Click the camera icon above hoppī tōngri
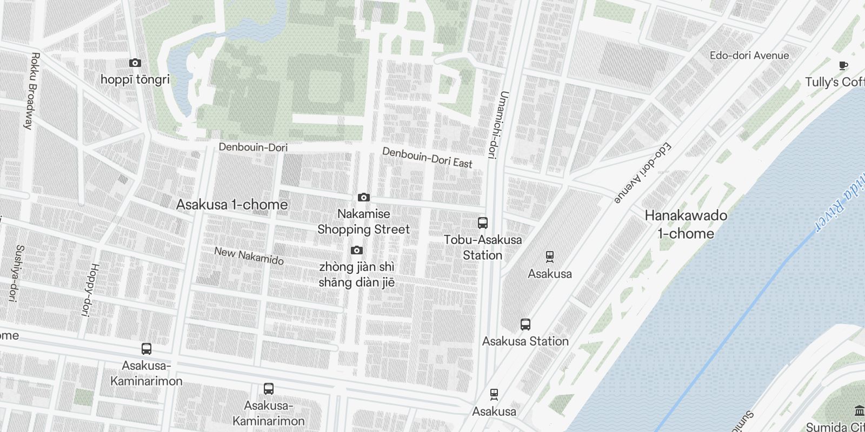click(135, 63)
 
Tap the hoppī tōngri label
click(135, 79)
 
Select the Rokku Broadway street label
click(31, 90)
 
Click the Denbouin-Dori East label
click(427, 157)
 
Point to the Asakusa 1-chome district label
click(232, 205)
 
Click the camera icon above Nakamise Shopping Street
click(364, 198)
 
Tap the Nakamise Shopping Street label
click(363, 221)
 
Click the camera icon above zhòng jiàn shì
click(356, 251)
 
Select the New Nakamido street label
click(249, 255)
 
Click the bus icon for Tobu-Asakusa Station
click(483, 222)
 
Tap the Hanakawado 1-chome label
click(686, 224)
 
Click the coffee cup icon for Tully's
click(843, 66)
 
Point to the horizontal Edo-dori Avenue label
click(749, 56)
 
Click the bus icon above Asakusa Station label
click(525, 325)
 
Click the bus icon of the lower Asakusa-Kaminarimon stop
click(268, 389)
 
